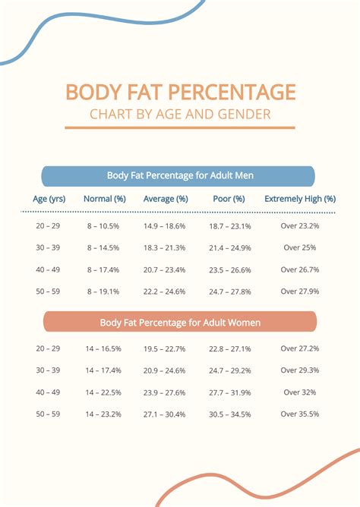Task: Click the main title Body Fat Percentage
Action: (x=180, y=92)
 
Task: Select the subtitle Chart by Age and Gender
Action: (x=180, y=115)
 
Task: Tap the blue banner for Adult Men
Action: (x=180, y=175)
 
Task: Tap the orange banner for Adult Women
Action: (x=180, y=323)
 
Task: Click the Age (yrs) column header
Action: (x=49, y=199)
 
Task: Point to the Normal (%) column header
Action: (x=104, y=199)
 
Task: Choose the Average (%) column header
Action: (x=166, y=199)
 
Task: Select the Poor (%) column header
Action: (x=229, y=199)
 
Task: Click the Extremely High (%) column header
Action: (x=300, y=199)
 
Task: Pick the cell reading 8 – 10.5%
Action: (x=104, y=226)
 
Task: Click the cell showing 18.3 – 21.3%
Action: (x=165, y=247)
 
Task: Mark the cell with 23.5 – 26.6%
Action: (x=229, y=269)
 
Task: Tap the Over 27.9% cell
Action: (x=300, y=291)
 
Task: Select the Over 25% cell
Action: (x=300, y=247)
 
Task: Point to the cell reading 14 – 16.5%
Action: (x=104, y=348)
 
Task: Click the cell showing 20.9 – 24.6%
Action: (x=165, y=370)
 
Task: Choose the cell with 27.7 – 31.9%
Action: (x=229, y=392)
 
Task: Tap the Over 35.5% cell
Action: (x=300, y=414)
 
